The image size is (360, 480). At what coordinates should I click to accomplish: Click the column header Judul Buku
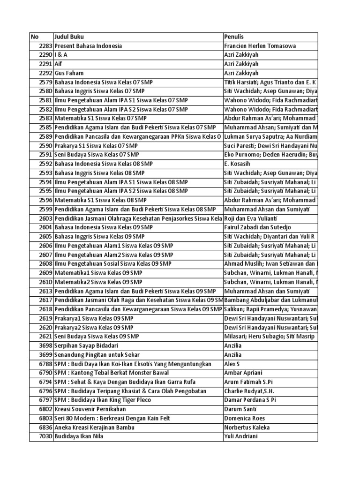[x=69, y=37]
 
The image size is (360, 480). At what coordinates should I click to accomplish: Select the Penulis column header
[x=234, y=37]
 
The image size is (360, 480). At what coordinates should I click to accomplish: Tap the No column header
[x=35, y=37]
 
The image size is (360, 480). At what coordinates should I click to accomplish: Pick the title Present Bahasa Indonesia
[x=88, y=46]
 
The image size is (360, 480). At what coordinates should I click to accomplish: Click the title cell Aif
[x=58, y=64]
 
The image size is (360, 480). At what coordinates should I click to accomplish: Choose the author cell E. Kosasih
[x=236, y=164]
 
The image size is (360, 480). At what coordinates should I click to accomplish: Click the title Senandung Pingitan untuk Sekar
[x=97, y=355]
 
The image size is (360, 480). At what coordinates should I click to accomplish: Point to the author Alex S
[x=232, y=364]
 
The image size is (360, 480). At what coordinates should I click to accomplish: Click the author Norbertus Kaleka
[x=246, y=427]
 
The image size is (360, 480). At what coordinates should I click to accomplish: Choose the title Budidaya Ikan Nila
[x=79, y=436]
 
